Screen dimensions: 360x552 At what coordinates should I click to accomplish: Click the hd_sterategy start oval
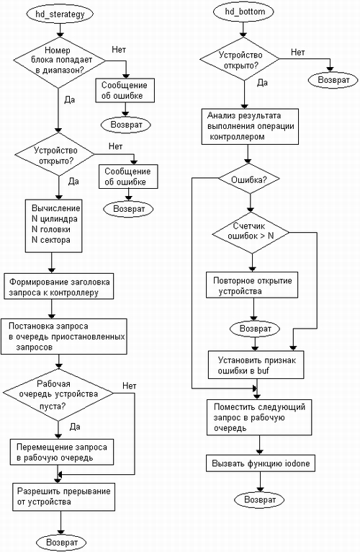point(60,14)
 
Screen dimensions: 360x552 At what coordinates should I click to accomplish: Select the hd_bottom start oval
point(244,12)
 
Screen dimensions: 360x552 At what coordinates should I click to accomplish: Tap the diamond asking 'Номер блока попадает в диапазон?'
point(60,62)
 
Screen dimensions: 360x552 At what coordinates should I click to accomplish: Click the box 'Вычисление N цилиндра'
point(53,226)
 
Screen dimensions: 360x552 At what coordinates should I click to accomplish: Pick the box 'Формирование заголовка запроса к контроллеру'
point(59,286)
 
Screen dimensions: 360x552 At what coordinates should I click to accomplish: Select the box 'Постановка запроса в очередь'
point(63,337)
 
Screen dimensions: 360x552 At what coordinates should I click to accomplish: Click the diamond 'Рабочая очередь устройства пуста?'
point(58,394)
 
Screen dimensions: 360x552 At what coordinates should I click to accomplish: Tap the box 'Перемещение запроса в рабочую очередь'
point(62,452)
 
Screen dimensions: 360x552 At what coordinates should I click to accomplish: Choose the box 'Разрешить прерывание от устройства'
point(64,497)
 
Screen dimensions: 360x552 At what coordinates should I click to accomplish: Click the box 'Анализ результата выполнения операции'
point(250,126)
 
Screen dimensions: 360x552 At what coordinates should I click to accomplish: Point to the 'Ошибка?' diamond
point(249,179)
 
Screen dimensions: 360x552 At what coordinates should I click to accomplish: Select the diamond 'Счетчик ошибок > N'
point(251,232)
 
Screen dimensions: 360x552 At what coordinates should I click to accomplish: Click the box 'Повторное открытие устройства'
point(252,285)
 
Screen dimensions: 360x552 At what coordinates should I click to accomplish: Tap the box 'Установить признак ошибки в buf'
point(256,365)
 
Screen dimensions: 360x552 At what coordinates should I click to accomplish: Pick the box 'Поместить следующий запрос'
point(259,417)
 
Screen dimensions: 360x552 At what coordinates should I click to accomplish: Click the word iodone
point(293,463)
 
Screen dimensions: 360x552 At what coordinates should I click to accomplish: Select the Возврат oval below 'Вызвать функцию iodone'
point(260,500)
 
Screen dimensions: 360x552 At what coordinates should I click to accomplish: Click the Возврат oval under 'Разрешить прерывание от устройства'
point(62,543)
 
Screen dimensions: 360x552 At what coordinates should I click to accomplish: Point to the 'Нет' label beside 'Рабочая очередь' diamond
point(129,386)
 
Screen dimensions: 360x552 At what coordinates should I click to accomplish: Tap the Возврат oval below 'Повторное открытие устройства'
point(255,329)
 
